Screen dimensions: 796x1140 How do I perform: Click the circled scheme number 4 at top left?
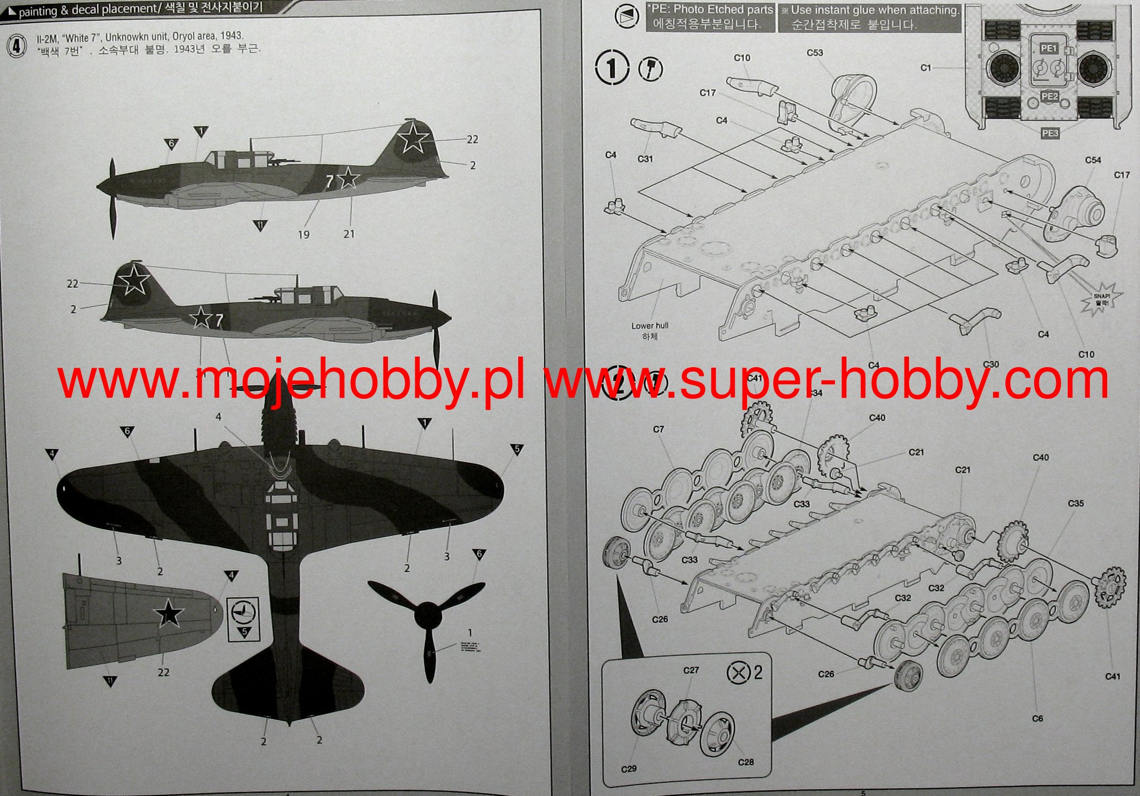[x=17, y=46]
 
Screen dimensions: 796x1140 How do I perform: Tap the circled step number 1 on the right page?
[x=612, y=68]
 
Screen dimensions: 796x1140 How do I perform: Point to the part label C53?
[x=815, y=53]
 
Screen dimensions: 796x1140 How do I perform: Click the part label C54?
[x=1093, y=160]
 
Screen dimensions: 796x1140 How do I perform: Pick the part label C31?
[x=645, y=159]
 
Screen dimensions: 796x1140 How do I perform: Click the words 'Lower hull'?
[x=650, y=326]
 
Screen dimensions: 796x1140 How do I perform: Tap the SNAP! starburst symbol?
[x=1101, y=299]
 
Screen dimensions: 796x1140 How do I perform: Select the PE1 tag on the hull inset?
[x=1049, y=49]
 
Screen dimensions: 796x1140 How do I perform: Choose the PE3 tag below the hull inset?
[x=1049, y=133]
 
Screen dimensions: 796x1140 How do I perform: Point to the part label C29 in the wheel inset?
[x=628, y=769]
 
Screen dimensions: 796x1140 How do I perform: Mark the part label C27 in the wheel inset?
[x=691, y=670]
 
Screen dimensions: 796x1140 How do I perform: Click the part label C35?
[x=1076, y=503]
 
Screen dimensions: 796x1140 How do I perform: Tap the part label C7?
[x=659, y=429]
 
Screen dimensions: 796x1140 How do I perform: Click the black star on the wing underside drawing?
[x=169, y=614]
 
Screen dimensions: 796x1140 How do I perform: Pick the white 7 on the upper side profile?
[x=330, y=180]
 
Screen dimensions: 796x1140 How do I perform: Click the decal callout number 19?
[x=303, y=235]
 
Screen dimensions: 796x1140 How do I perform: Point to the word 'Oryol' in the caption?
[x=186, y=36]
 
